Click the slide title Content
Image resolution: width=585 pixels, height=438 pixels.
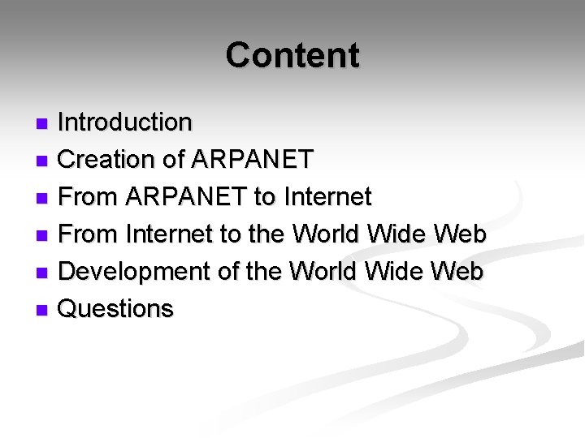292,55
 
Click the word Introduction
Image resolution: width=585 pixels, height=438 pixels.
125,122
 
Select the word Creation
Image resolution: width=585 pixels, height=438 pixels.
107,160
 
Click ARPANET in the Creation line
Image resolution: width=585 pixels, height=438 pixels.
252,160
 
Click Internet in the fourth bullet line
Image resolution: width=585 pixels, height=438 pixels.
171,234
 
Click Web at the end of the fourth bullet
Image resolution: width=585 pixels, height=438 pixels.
459,234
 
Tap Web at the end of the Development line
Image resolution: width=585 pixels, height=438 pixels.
458,272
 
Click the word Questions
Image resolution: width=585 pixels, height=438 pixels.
116,309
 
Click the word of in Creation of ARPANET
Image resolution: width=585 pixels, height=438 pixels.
174,160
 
